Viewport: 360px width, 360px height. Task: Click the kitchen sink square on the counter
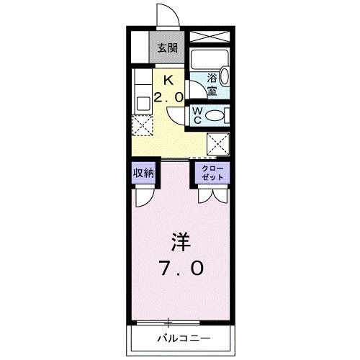point(140,103)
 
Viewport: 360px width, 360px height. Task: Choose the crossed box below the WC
point(217,143)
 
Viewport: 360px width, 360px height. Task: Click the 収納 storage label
point(143,173)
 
